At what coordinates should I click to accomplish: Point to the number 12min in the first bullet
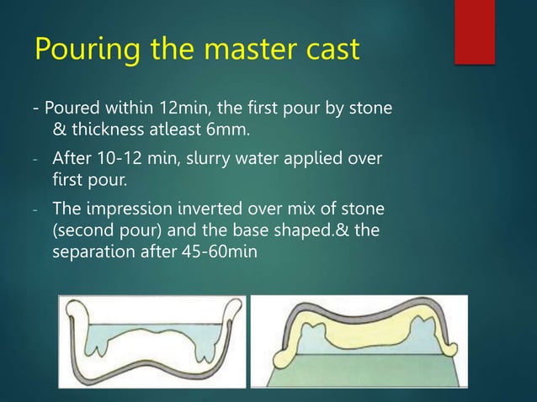pyautogui.click(x=173, y=110)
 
